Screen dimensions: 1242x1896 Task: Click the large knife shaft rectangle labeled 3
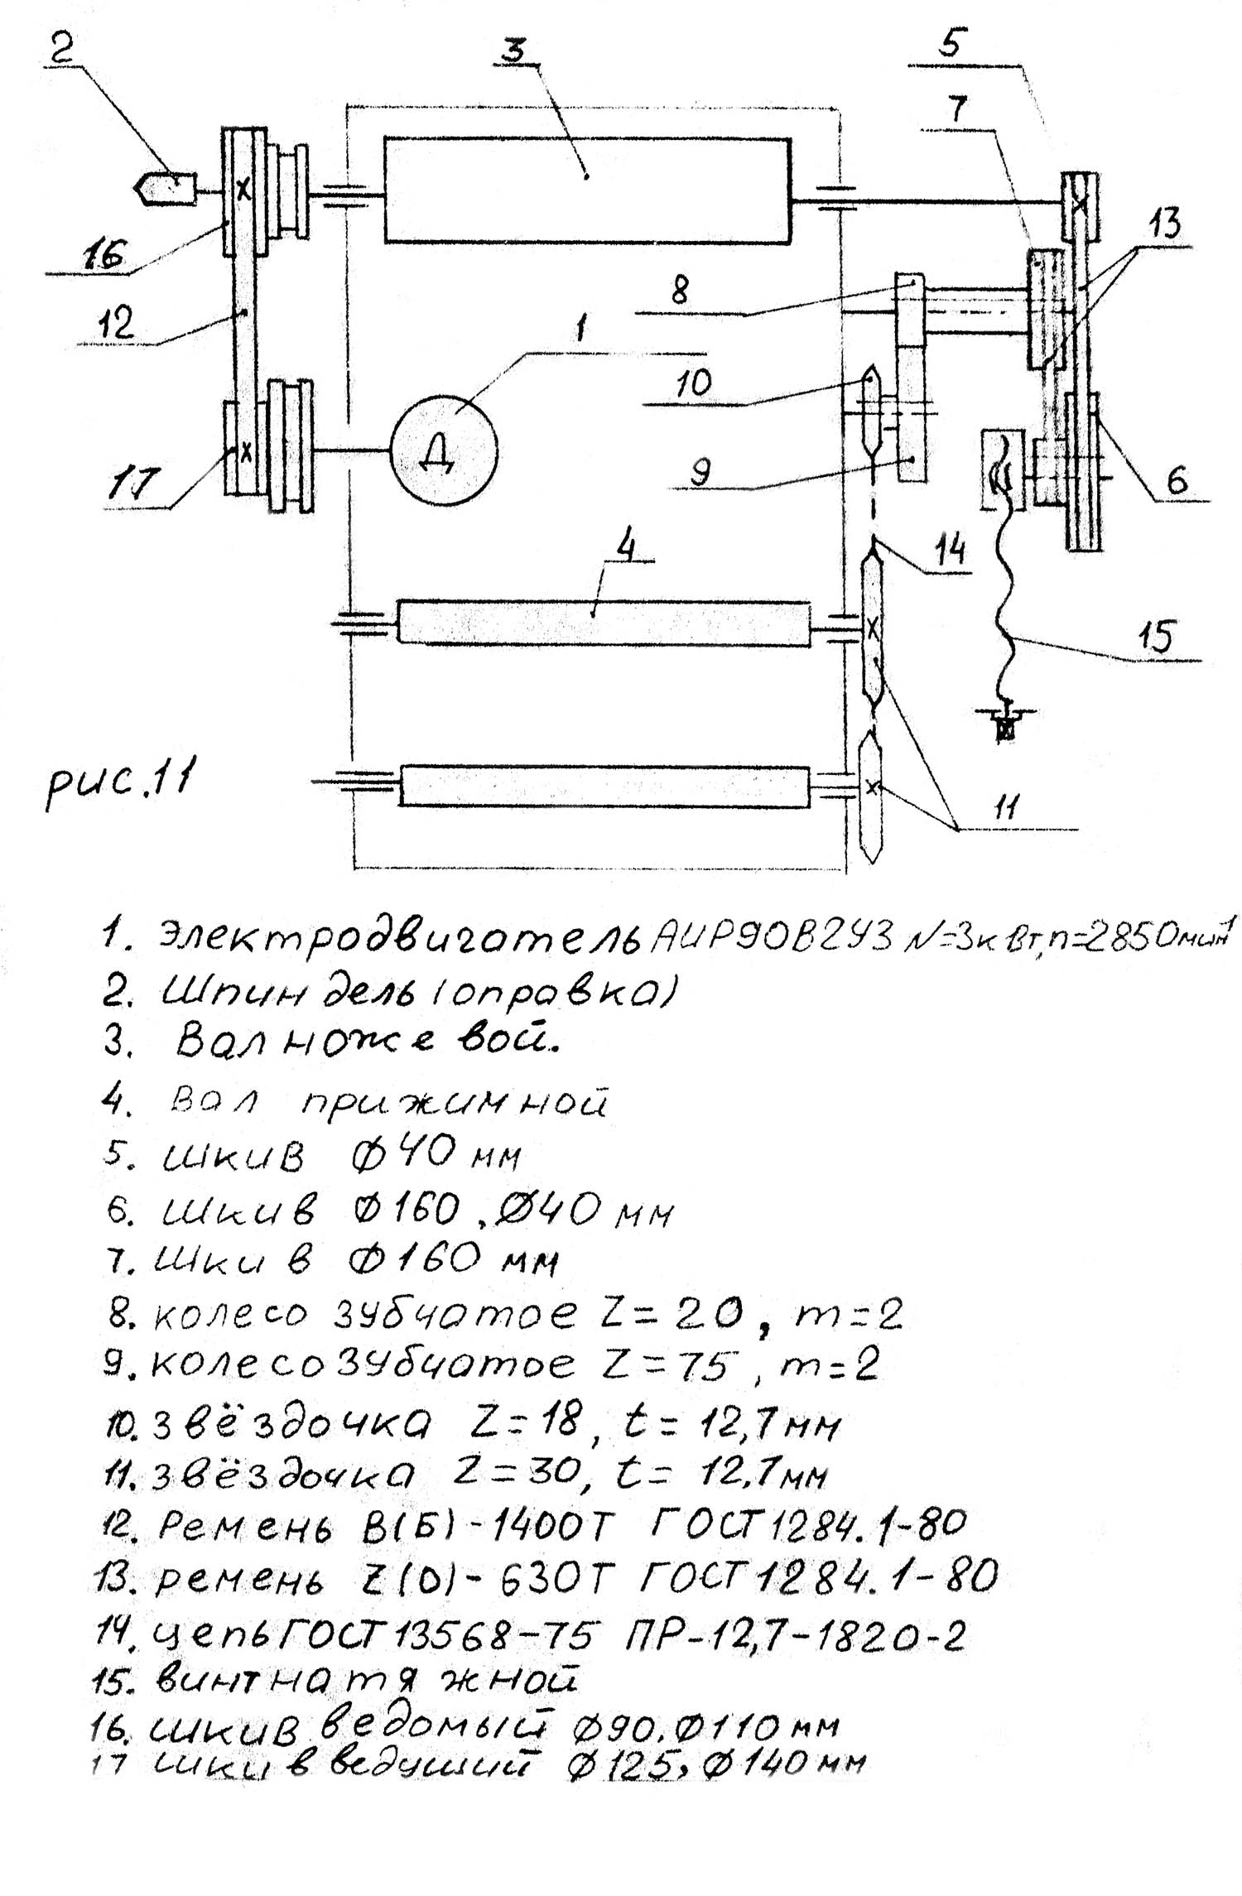tap(586, 190)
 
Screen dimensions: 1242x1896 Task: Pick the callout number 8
tap(679, 291)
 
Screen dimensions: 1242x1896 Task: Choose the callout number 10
tap(691, 383)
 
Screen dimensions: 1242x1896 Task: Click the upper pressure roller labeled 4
tap(603, 622)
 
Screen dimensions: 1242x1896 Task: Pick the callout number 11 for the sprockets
tap(1004, 806)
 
